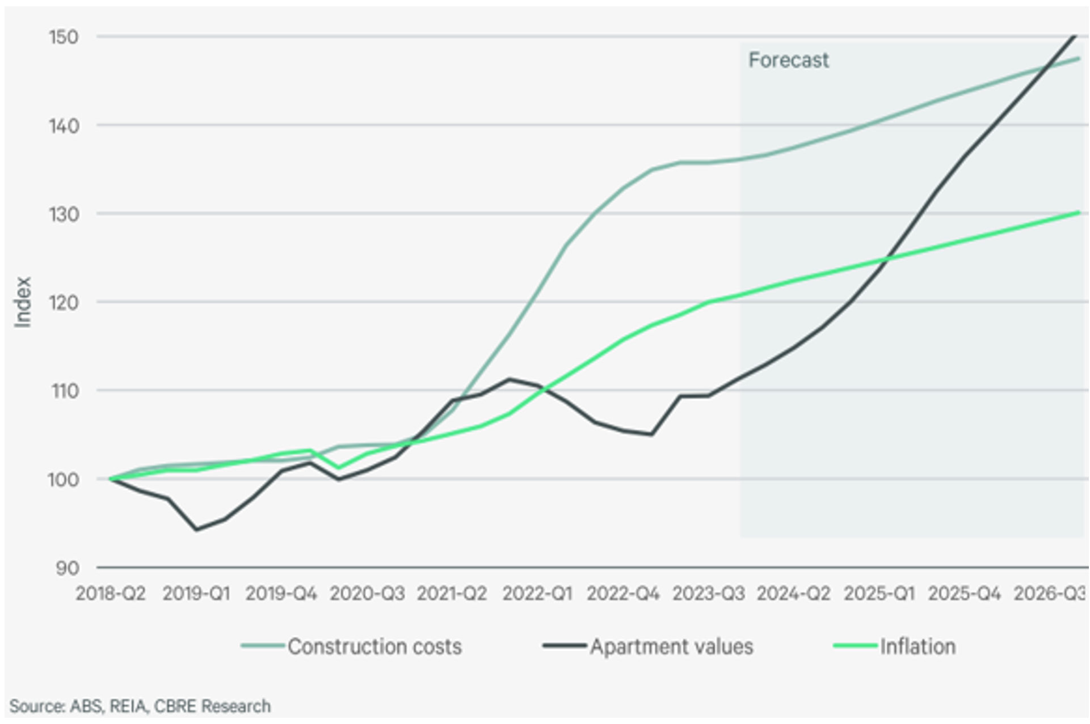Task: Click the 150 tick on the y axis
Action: click(63, 37)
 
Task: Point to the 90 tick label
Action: click(67, 568)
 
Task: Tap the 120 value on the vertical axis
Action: click(63, 303)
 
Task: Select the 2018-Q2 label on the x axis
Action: click(111, 594)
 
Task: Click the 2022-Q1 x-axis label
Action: click(537, 594)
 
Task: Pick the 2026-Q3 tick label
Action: click(1049, 594)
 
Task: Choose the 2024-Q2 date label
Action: click(793, 594)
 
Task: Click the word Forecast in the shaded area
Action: click(788, 60)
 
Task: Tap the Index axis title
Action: click(23, 302)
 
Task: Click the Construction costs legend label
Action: click(374, 646)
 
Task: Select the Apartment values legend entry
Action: click(671, 646)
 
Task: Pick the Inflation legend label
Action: click(918, 646)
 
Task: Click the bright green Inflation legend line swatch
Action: click(855, 646)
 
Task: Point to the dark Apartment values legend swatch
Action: click(564, 646)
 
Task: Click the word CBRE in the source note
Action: click(176, 706)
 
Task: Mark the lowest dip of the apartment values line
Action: click(196, 530)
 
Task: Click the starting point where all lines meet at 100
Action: click(111, 479)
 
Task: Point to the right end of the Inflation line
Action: click(1078, 213)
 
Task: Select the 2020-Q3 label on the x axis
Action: click(367, 594)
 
